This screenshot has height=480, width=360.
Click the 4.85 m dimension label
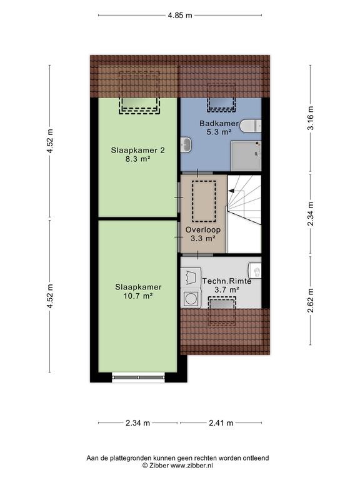(180, 15)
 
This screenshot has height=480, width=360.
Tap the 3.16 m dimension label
(311, 118)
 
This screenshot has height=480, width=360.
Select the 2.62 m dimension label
(311, 301)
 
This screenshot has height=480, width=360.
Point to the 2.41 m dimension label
(221, 422)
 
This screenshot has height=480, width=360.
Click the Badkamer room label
(219, 123)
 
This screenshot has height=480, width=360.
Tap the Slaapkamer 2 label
(137, 150)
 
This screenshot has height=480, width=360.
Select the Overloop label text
(203, 229)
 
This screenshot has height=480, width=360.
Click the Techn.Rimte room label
(227, 281)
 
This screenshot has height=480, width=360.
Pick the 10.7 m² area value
(138, 296)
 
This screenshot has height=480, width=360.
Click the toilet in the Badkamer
(251, 126)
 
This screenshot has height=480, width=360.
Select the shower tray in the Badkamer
(246, 156)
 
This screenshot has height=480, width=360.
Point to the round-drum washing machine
(191, 298)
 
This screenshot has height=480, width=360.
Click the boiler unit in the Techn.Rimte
(255, 271)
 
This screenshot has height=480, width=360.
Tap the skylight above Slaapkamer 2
(139, 105)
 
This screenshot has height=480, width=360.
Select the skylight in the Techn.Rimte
(222, 303)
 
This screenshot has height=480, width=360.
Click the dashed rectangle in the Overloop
(204, 201)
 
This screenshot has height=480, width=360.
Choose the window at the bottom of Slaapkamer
(138, 377)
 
